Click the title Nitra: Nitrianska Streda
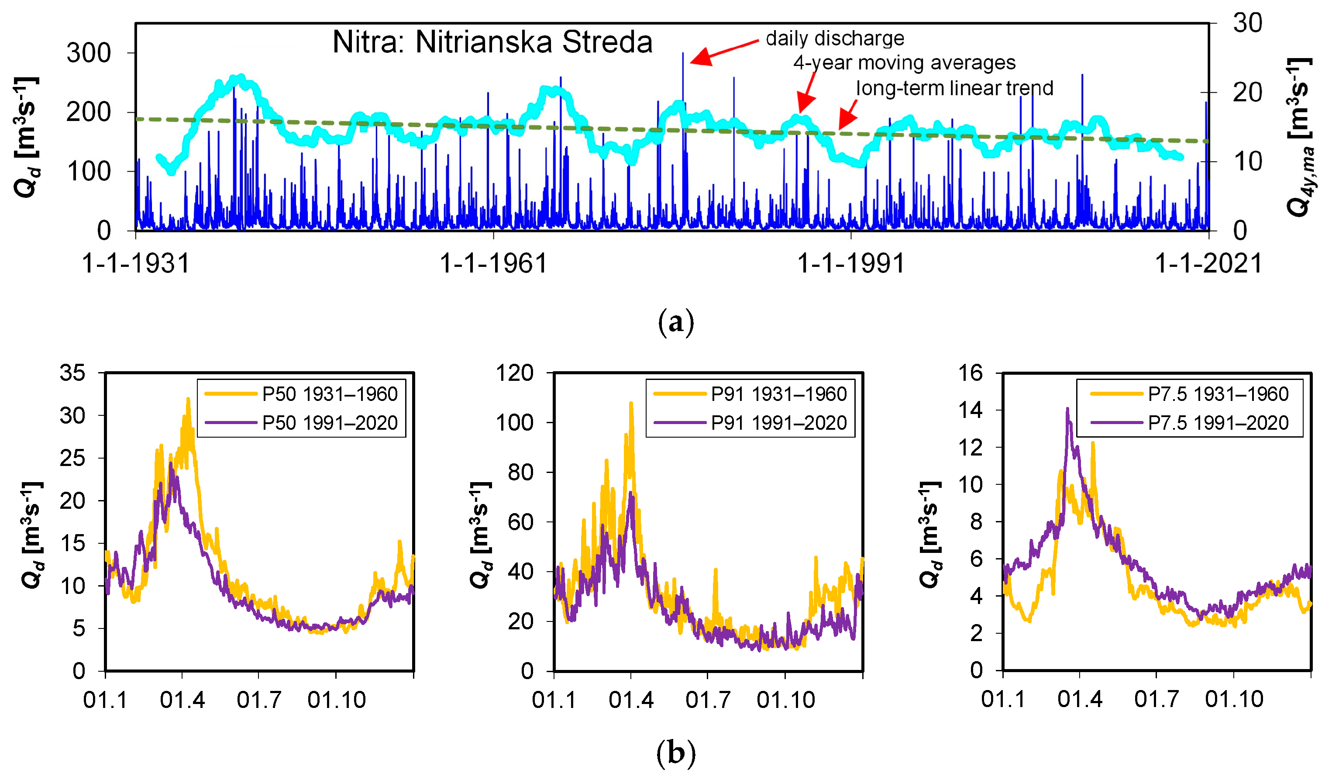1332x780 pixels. click(492, 42)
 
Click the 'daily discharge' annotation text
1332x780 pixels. click(835, 38)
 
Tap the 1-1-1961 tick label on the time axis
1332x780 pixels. click(493, 263)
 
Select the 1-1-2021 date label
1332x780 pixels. click(1208, 263)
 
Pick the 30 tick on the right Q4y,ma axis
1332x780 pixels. click(1247, 23)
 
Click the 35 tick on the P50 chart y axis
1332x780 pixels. click(72, 373)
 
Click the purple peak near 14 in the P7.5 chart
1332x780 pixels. click(1067, 409)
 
